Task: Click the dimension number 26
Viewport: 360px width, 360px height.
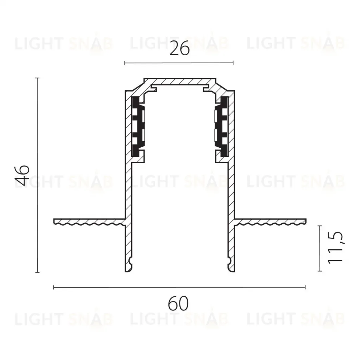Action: (180, 48)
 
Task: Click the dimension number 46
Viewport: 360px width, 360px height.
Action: (22, 175)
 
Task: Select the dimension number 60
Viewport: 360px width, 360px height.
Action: (178, 303)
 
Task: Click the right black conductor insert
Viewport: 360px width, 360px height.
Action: (221, 127)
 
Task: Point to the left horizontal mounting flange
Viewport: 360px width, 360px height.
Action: (90, 221)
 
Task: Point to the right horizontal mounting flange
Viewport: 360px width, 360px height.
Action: (270, 221)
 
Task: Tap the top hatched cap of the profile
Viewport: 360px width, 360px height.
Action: (180, 81)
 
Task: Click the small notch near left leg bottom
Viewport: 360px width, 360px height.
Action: (130, 261)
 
